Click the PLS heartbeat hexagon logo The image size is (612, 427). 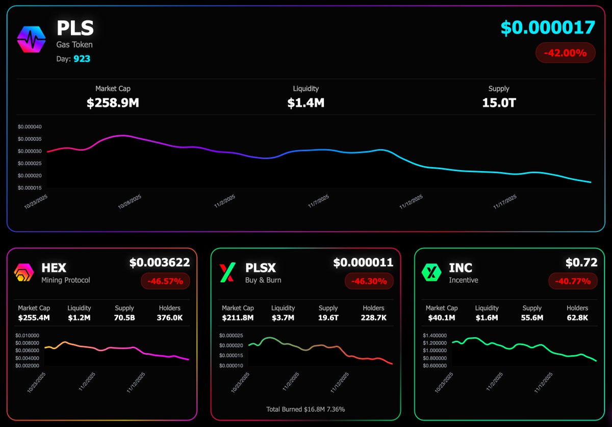(31, 39)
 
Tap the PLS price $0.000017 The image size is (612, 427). (548, 28)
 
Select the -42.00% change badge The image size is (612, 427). (565, 52)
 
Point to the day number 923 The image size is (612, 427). (82, 59)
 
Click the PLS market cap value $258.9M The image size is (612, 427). (113, 103)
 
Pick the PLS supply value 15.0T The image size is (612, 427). (499, 103)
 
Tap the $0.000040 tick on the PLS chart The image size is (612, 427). (30, 127)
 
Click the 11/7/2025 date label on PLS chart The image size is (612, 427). (319, 200)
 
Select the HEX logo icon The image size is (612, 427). (23, 273)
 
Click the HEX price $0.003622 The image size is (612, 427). (159, 263)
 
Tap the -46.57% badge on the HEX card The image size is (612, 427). (165, 281)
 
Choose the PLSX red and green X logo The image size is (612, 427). (227, 273)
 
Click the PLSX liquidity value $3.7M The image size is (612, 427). (283, 318)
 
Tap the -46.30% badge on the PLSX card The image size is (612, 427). (369, 281)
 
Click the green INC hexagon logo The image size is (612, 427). (431, 273)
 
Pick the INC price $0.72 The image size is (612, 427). (581, 263)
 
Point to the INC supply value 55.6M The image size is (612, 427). (532, 318)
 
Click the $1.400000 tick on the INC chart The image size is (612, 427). (437, 336)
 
